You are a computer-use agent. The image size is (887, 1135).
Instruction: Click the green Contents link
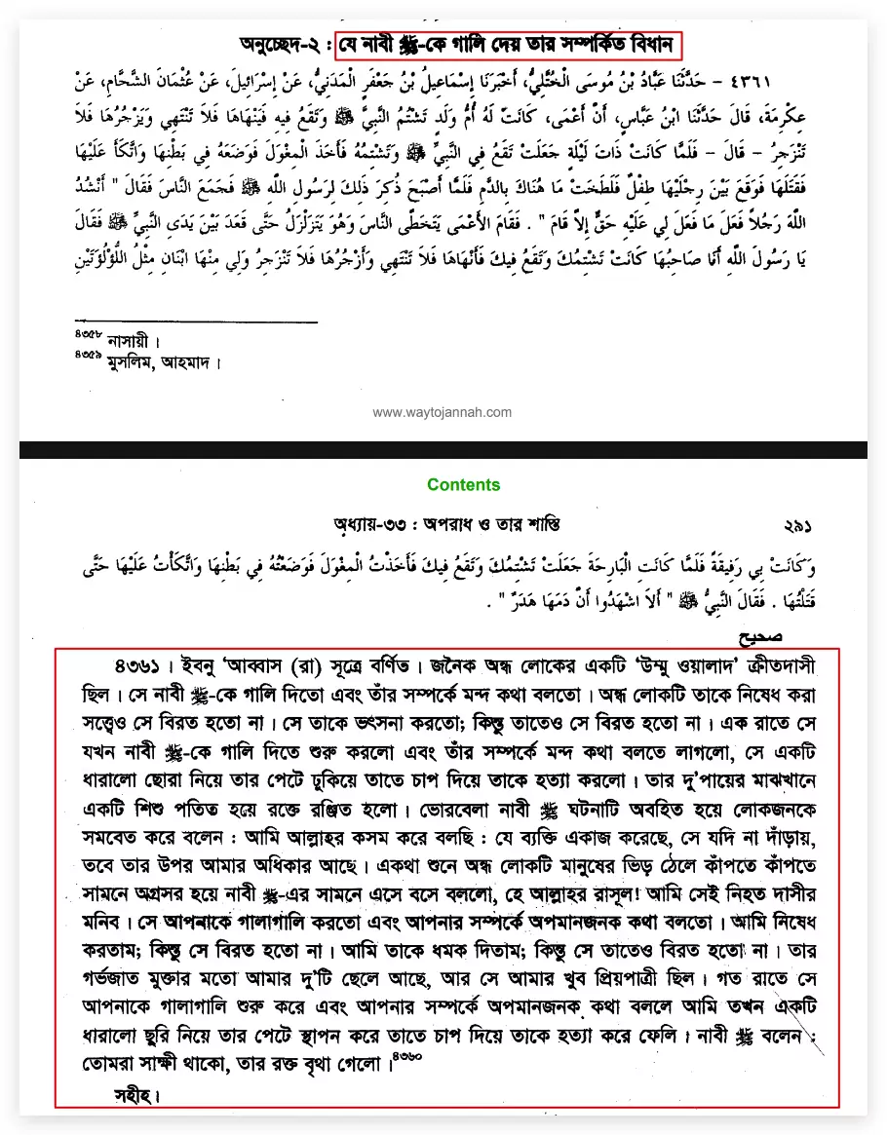click(x=463, y=484)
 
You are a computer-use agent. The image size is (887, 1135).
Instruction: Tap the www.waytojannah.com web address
click(x=443, y=412)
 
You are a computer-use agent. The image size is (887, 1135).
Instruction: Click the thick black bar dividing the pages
click(x=443, y=449)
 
